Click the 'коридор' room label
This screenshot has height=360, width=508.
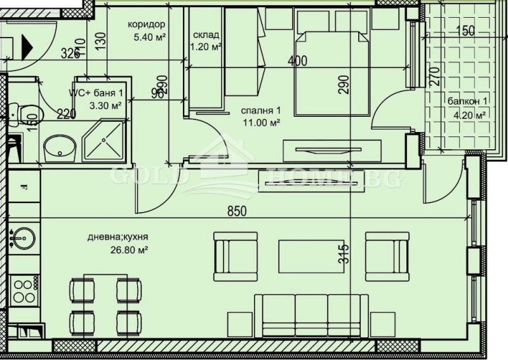tap(147, 24)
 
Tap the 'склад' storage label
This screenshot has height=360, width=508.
tap(206, 34)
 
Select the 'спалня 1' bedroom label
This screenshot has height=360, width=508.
tap(257, 110)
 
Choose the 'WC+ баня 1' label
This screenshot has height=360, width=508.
tap(97, 93)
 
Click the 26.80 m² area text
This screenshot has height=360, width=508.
tap(128, 250)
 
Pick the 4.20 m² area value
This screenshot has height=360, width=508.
tap(470, 115)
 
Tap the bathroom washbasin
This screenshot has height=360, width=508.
tap(60, 148)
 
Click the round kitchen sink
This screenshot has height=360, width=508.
tap(20, 237)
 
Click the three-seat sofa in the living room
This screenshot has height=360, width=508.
tap(312, 313)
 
